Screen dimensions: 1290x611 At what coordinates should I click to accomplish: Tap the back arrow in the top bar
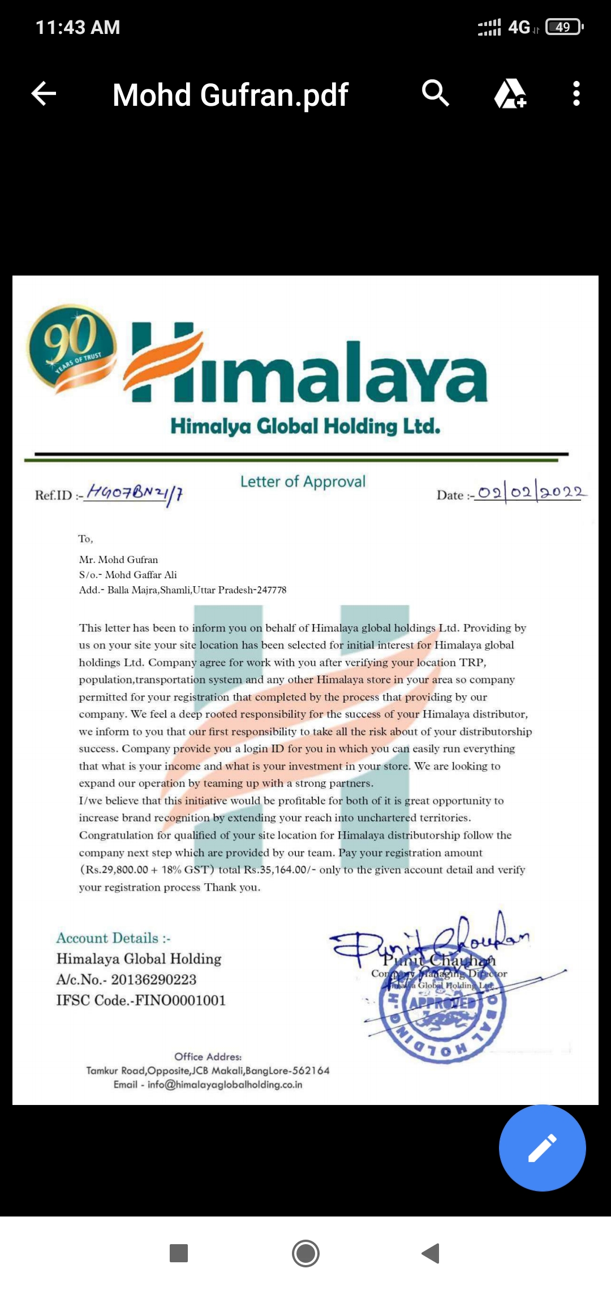pos(44,94)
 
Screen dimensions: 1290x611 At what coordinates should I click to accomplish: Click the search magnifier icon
pos(435,93)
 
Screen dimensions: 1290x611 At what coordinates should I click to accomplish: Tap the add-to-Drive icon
pos(510,94)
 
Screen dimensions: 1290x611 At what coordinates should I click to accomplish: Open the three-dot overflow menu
pos(576,94)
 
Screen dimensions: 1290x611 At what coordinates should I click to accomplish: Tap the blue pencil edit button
pos(542,1148)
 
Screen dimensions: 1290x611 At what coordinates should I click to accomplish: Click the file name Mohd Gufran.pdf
pos(230,95)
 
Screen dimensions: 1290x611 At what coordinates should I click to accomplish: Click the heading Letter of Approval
pos(303,481)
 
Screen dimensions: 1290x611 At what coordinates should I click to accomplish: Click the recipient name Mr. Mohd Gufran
pos(118,560)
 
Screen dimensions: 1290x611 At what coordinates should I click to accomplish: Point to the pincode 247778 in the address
pos(272,590)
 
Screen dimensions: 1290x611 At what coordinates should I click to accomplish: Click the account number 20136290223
pos(153,979)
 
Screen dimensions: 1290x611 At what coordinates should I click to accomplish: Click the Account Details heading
pos(113,938)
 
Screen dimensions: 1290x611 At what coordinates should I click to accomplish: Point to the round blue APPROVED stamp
pos(443,1016)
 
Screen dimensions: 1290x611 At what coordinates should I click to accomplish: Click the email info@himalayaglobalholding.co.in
pos(225,1085)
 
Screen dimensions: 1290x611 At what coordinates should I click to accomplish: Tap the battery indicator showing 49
pos(563,27)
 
